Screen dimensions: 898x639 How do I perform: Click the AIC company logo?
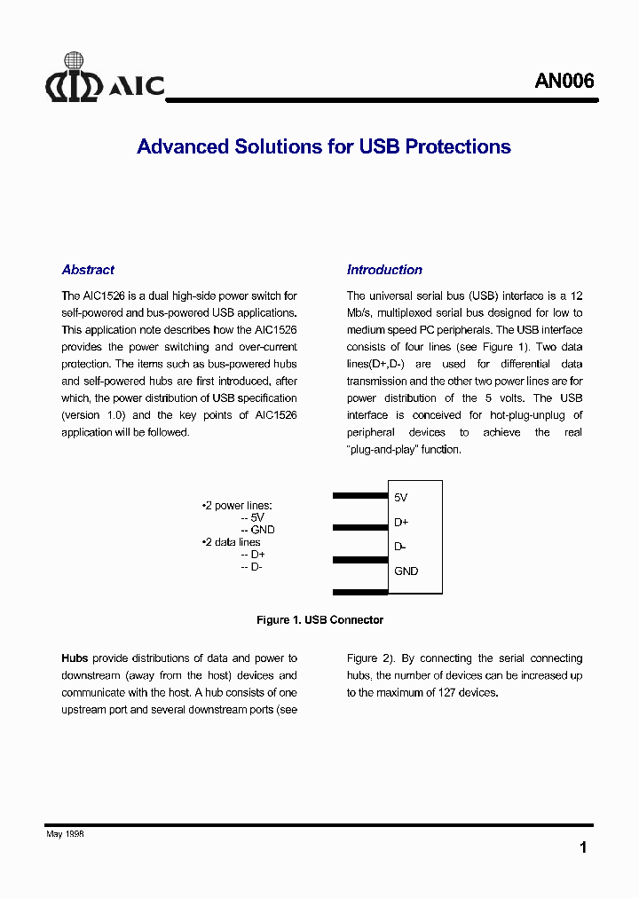pyautogui.click(x=105, y=79)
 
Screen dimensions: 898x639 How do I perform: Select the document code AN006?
pyautogui.click(x=564, y=82)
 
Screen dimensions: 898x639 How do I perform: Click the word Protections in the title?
pyautogui.click(x=458, y=147)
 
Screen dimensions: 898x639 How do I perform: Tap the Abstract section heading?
pyautogui.click(x=88, y=270)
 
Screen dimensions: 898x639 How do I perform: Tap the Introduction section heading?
pyautogui.click(x=384, y=270)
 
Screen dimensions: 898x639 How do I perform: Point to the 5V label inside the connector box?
pyautogui.click(x=401, y=498)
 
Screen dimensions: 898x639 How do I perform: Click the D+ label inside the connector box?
pyautogui.click(x=401, y=523)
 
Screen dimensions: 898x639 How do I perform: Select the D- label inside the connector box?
pyautogui.click(x=400, y=547)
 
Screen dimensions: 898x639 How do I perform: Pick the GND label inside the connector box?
pyautogui.click(x=406, y=571)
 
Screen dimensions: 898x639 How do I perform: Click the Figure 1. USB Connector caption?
pyautogui.click(x=319, y=620)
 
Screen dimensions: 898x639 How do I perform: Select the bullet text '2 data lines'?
pyautogui.click(x=232, y=542)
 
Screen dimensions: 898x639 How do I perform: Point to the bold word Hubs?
pyautogui.click(x=75, y=658)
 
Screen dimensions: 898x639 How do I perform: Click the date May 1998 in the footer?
pyautogui.click(x=65, y=834)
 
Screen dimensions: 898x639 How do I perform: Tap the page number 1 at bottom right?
pyautogui.click(x=583, y=848)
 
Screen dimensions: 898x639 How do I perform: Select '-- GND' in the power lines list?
pyautogui.click(x=257, y=530)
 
